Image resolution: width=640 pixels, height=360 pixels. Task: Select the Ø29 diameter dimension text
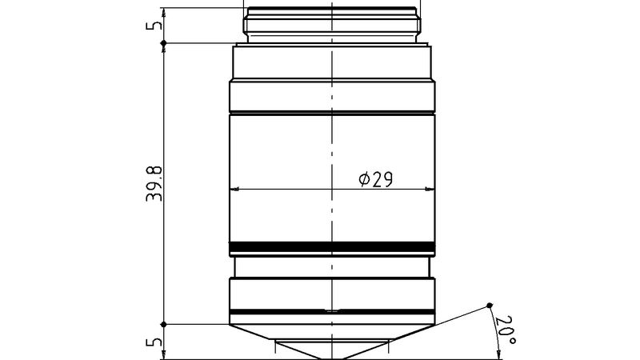click(x=375, y=180)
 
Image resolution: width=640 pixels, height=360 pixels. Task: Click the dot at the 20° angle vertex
click(x=490, y=304)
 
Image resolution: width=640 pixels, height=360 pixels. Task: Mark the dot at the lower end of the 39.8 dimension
click(x=164, y=325)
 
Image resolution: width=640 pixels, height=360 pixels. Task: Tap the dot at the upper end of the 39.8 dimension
click(x=164, y=42)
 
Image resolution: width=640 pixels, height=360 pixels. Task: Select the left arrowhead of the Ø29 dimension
click(x=234, y=190)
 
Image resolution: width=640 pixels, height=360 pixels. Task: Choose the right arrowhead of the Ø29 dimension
click(x=433, y=190)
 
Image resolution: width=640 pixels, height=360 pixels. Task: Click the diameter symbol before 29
click(x=364, y=180)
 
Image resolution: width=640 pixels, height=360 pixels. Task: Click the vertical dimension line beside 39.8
click(x=164, y=120)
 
